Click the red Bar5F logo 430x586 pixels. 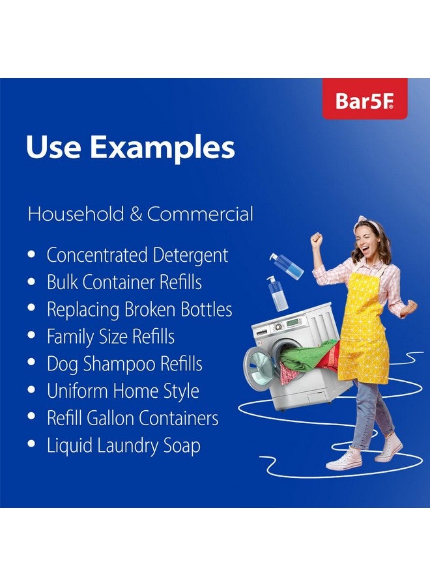coord(365,100)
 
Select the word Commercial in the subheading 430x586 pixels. coord(200,214)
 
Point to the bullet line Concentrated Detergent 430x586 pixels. coord(137,255)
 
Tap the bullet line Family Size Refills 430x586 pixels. coord(110,337)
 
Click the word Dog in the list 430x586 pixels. coord(62,365)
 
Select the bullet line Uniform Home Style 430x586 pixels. coord(122,391)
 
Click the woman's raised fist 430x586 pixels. coord(317,239)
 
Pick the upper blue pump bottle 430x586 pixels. coord(287,266)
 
